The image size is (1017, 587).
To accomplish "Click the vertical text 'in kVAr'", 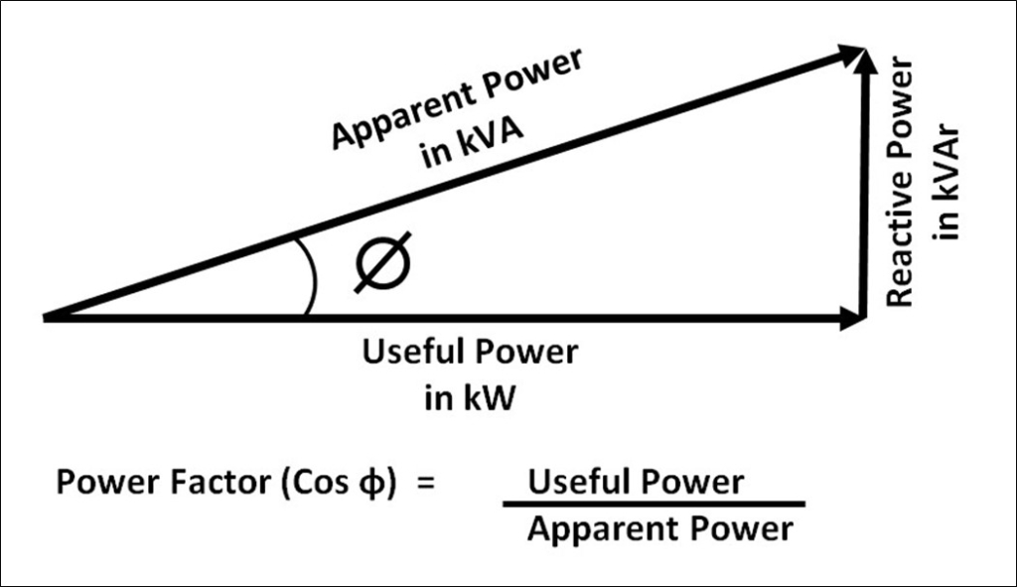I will click(x=948, y=189).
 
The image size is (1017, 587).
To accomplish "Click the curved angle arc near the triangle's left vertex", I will click(x=312, y=277).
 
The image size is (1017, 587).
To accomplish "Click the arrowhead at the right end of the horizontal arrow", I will click(x=851, y=320).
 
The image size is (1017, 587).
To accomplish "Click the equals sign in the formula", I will click(x=425, y=484).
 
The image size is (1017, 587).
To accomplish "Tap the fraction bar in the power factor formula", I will click(x=653, y=505).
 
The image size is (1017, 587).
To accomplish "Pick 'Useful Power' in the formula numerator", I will click(x=635, y=483).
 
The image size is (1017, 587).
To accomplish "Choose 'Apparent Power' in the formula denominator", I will click(x=659, y=528).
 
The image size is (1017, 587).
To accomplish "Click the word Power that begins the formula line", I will click(x=100, y=484).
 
